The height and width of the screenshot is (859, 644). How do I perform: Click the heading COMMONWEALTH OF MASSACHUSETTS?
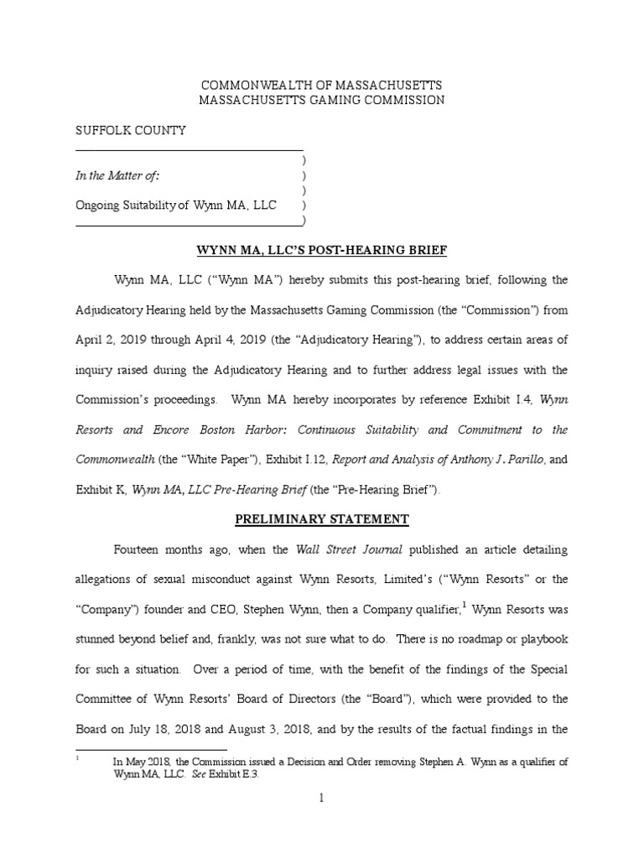(x=321, y=86)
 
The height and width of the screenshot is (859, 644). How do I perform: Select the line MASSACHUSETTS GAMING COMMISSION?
(x=321, y=101)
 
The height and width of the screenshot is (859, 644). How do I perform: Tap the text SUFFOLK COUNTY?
(x=131, y=131)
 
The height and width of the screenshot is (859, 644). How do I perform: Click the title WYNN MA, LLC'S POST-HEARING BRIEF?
(x=322, y=250)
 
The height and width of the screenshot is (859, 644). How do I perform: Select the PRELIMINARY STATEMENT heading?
(x=322, y=519)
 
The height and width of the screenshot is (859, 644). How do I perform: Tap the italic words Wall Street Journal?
(x=334, y=550)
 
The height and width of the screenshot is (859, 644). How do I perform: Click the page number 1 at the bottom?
(x=321, y=799)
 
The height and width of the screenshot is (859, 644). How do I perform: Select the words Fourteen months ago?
(x=168, y=550)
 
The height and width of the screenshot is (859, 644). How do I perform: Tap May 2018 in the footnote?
(x=140, y=761)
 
